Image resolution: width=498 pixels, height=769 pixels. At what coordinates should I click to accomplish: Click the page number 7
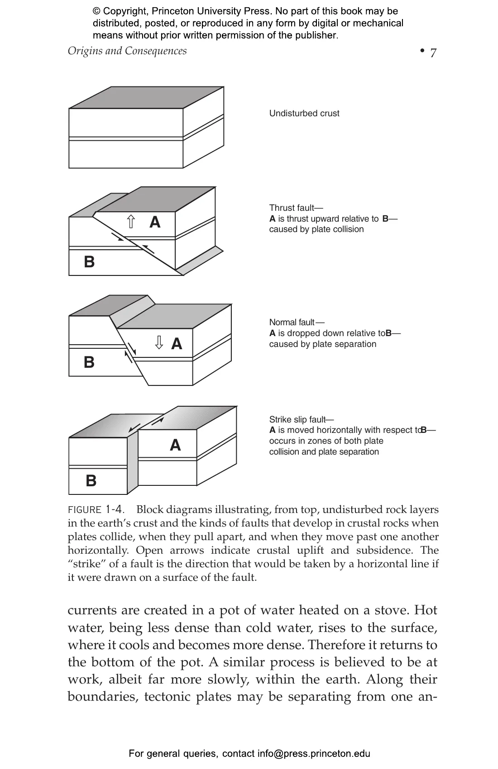(x=433, y=53)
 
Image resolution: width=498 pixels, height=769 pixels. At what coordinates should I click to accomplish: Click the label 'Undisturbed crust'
(x=304, y=114)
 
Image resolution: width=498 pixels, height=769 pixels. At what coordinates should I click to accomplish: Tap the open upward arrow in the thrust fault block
(x=131, y=222)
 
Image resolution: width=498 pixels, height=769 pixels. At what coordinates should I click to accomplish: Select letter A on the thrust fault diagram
(x=155, y=222)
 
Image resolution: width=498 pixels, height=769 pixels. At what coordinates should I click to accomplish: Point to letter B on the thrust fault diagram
(x=89, y=262)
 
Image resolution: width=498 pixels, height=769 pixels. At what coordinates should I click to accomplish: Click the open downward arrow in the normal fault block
(x=159, y=342)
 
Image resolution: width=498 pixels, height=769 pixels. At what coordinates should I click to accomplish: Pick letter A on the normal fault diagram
(x=177, y=344)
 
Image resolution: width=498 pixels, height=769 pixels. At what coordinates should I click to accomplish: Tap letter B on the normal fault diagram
(x=89, y=362)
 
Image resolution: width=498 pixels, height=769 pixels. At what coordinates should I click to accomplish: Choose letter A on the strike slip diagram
(x=175, y=446)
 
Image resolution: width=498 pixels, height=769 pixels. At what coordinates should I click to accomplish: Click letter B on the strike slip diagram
(x=91, y=480)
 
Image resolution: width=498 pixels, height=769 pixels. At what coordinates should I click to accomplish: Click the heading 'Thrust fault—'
(x=296, y=208)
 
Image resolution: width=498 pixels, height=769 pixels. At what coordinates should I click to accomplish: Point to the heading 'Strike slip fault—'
(x=302, y=419)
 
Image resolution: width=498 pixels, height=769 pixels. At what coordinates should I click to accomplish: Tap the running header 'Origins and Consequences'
(x=127, y=51)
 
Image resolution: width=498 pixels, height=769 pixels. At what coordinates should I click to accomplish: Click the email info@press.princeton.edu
(x=314, y=754)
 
